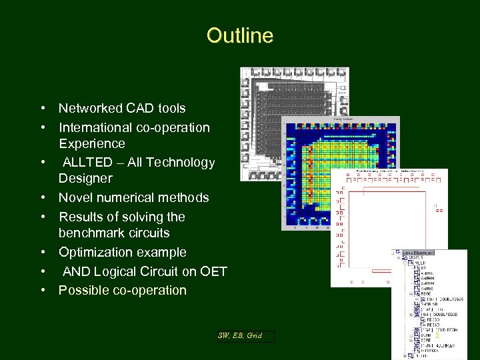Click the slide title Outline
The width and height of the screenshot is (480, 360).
240,35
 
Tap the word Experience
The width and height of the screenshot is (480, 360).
91,143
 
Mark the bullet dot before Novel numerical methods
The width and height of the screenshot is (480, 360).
42,198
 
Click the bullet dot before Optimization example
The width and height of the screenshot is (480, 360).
42,253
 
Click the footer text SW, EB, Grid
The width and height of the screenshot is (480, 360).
240,336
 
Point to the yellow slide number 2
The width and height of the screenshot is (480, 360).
437,336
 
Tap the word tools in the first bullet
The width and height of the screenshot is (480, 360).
171,108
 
